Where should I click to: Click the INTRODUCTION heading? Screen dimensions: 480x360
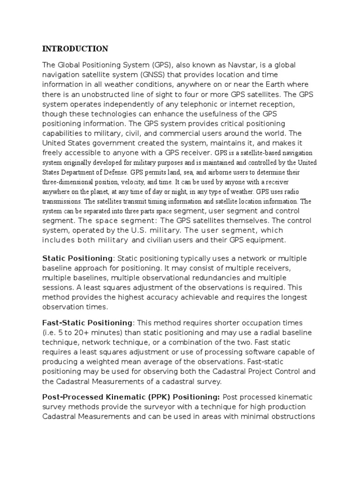(x=75, y=49)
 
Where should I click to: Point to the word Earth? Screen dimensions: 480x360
(x=262, y=84)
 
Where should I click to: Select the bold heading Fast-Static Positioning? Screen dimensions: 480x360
(x=87, y=322)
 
